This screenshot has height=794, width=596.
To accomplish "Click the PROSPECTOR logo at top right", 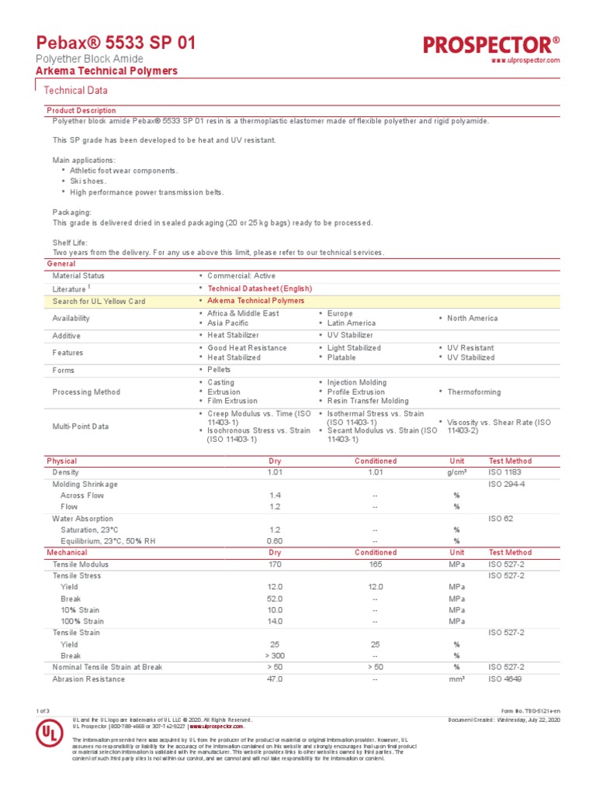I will [x=491, y=45].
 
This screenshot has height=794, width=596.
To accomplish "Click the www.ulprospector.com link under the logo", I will [x=526, y=60].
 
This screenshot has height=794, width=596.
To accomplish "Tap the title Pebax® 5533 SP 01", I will [x=116, y=43].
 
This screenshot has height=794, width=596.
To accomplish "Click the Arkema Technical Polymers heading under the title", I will [x=107, y=71].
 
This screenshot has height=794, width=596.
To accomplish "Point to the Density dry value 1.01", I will [x=275, y=472].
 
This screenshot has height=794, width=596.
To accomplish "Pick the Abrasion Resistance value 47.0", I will [x=275, y=679].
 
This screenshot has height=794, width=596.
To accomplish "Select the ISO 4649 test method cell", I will [x=506, y=679].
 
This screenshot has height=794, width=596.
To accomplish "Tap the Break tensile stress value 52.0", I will [x=275, y=599].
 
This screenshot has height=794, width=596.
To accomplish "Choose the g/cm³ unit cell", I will [x=456, y=472].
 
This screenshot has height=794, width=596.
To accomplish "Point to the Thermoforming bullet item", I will [x=473, y=392].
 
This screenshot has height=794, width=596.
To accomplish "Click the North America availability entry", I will [x=473, y=318].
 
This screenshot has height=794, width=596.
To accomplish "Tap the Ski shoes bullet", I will [x=88, y=181].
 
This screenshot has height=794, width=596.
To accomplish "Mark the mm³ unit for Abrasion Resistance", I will [x=456, y=679].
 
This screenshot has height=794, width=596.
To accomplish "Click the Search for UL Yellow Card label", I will [x=99, y=301].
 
